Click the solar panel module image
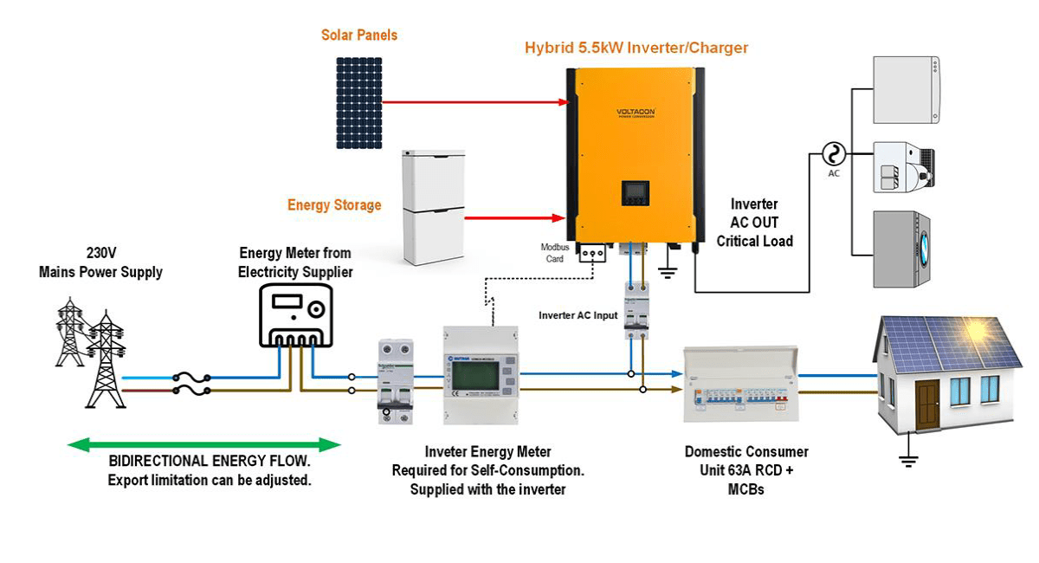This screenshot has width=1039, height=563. pyautogui.click(x=359, y=102)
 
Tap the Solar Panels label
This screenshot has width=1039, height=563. pyautogui.click(x=359, y=36)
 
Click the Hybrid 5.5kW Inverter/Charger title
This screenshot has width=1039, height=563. pyautogui.click(x=636, y=48)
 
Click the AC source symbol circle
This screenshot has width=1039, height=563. pyautogui.click(x=834, y=155)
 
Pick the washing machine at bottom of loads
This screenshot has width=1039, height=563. pyautogui.click(x=907, y=249)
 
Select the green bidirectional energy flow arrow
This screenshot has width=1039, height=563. pyautogui.click(x=204, y=445)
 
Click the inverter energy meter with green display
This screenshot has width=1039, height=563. pyautogui.click(x=480, y=375)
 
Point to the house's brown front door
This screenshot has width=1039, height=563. pyautogui.click(x=926, y=404)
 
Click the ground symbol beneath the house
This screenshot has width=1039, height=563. pyautogui.click(x=907, y=460)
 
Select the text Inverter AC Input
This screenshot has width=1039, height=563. pyautogui.click(x=578, y=315)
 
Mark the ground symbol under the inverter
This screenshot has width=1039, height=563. pyautogui.click(x=668, y=271)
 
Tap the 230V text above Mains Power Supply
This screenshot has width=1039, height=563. pyautogui.click(x=100, y=254)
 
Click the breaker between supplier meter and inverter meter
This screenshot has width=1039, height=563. pyautogui.click(x=393, y=381)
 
